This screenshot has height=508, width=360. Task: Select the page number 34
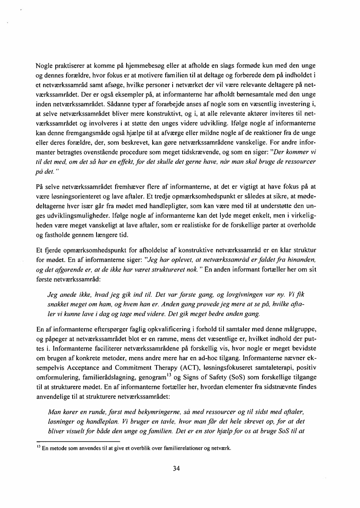pos(177,468)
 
